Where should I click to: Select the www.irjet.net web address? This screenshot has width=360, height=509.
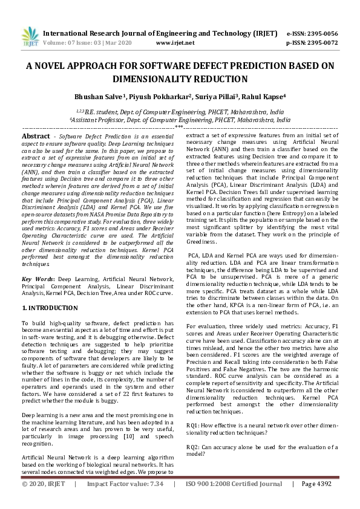pos(175,43)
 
